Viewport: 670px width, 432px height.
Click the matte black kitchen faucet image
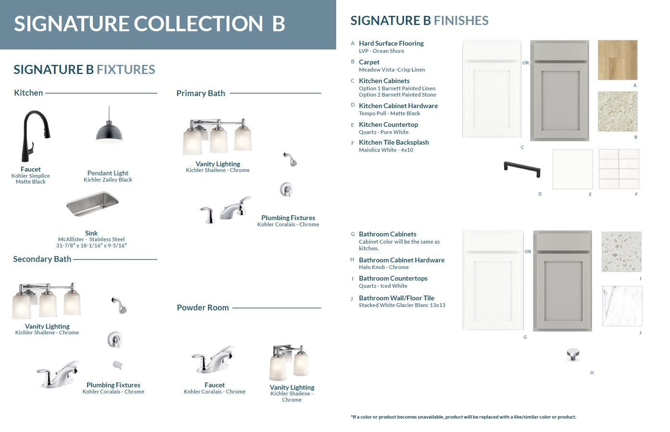33,136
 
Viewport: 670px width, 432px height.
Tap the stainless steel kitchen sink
92,204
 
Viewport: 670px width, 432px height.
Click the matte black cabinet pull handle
522,169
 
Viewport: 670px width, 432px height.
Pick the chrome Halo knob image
573,354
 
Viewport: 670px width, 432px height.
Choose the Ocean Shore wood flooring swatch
618,60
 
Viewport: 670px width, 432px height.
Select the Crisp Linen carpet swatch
618,111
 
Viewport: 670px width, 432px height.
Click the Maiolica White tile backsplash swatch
619,169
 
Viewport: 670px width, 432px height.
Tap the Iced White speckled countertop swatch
621,251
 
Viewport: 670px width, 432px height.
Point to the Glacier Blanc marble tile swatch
622,306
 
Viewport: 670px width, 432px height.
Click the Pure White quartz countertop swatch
572,169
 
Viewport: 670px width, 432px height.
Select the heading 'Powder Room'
203,308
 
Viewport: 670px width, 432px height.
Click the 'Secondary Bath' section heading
42,259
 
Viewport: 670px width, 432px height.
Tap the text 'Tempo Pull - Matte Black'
390,113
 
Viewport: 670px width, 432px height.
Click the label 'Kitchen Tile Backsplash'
394,143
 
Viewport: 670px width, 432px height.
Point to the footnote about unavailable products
463,417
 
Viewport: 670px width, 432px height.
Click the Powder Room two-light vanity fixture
289,362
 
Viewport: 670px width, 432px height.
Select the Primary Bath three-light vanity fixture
217,136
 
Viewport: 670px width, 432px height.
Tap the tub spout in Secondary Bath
117,365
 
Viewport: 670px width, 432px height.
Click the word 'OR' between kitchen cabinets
526,63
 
